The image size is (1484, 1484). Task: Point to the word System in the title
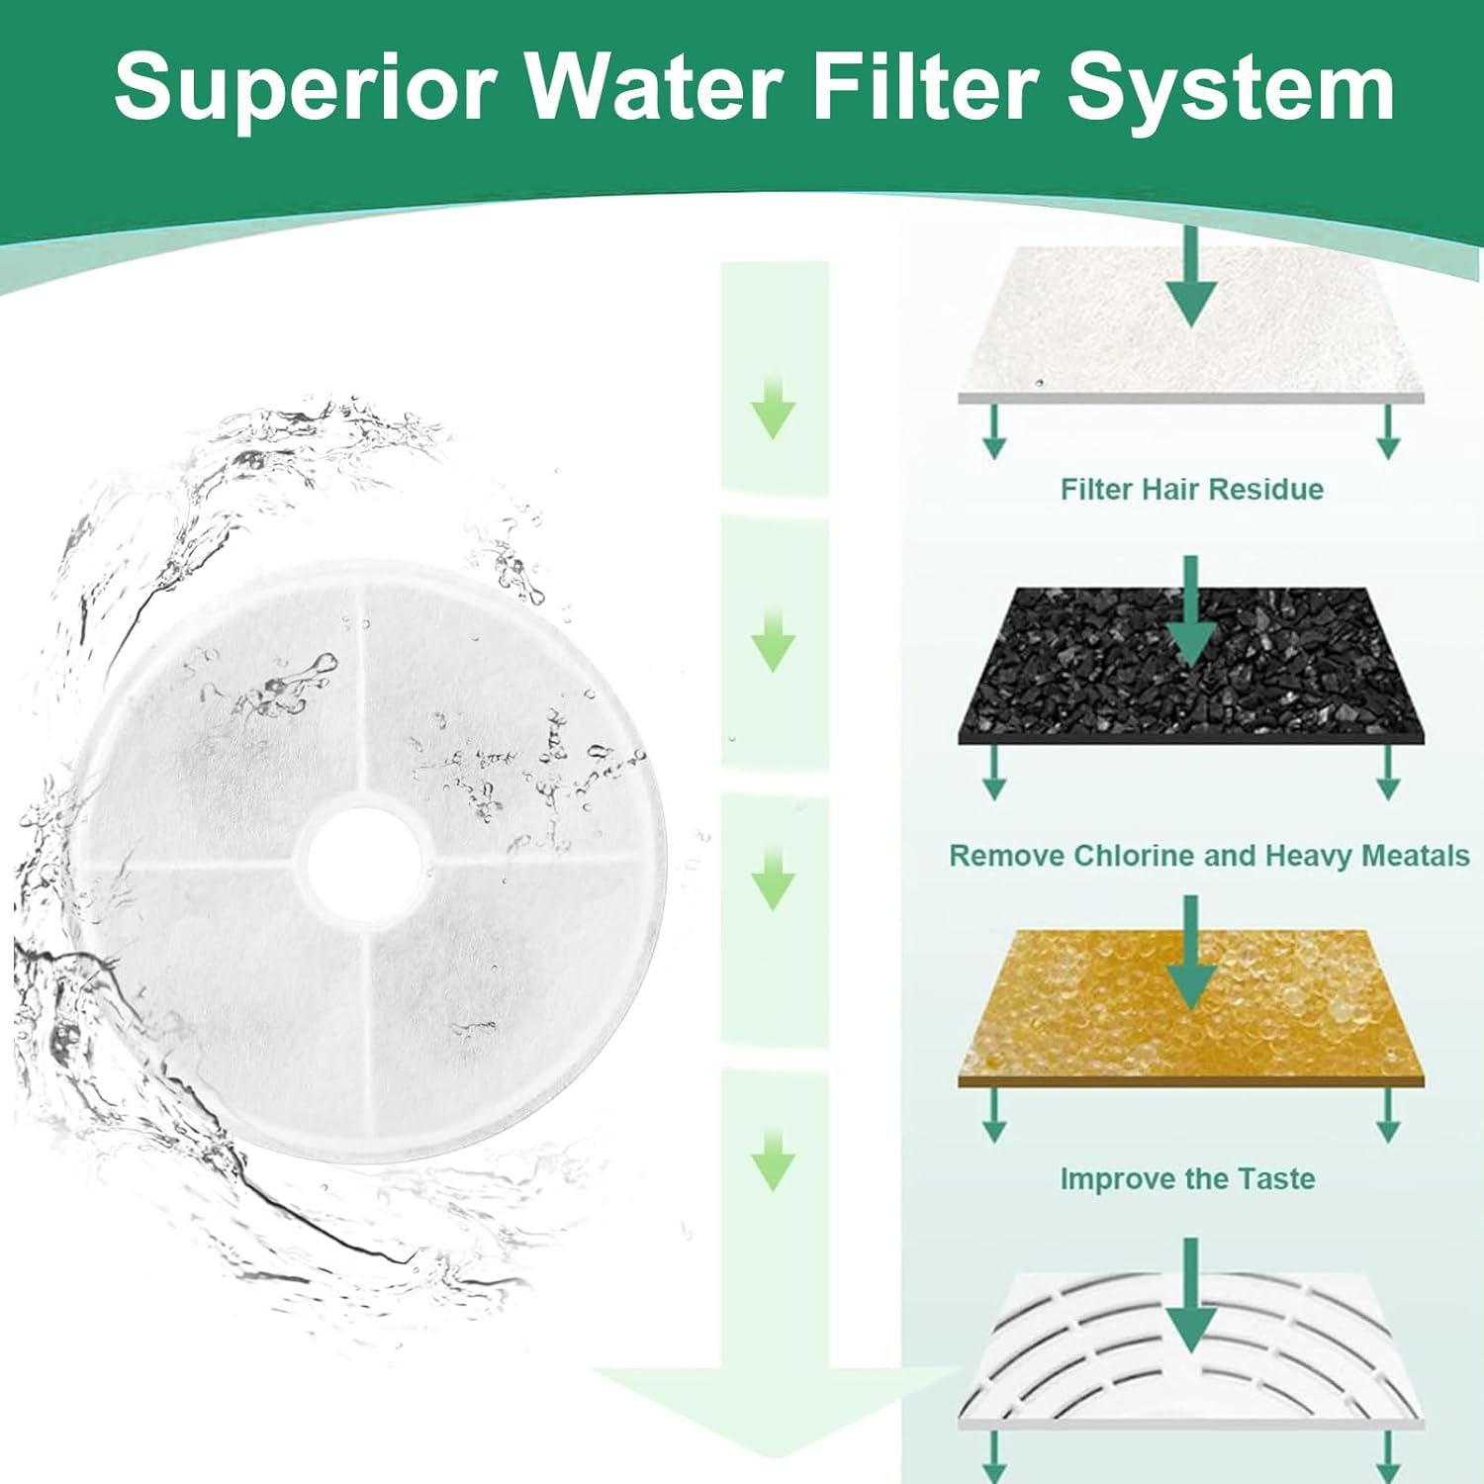coord(1231,89)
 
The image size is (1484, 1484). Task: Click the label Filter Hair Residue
coord(1191,489)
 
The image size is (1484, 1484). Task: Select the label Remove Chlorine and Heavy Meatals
coord(1209,856)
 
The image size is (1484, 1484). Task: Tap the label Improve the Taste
coord(1187,1179)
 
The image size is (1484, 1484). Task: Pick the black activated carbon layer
coord(1088,683)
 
